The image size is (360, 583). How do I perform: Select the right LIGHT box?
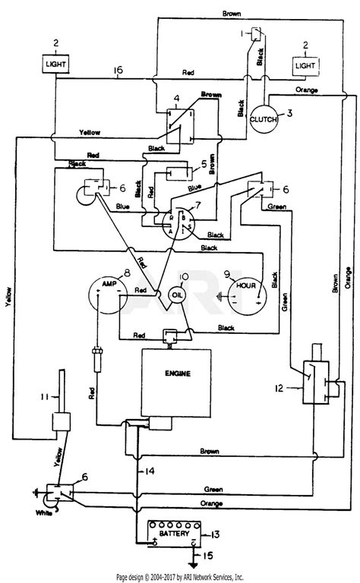(x=307, y=66)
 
